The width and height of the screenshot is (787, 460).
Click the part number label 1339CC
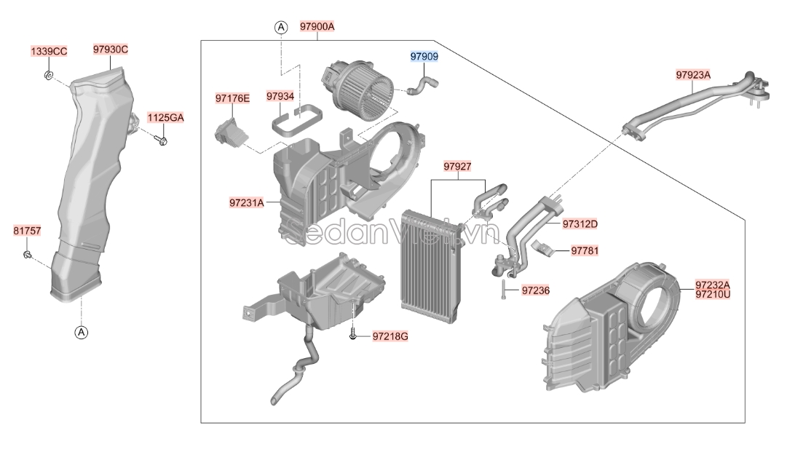(48, 52)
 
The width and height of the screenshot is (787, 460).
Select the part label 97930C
(111, 49)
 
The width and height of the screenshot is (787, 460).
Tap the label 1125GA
(166, 117)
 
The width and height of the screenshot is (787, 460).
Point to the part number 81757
(28, 231)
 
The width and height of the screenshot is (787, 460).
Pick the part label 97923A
(693, 74)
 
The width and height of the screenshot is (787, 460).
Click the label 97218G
(390, 336)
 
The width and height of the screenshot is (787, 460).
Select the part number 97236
(535, 291)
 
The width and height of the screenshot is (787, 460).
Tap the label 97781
(585, 251)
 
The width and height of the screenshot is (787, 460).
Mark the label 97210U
(712, 294)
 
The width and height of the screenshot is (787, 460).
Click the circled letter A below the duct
(81, 333)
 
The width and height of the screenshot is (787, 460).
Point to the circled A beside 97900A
(280, 27)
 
